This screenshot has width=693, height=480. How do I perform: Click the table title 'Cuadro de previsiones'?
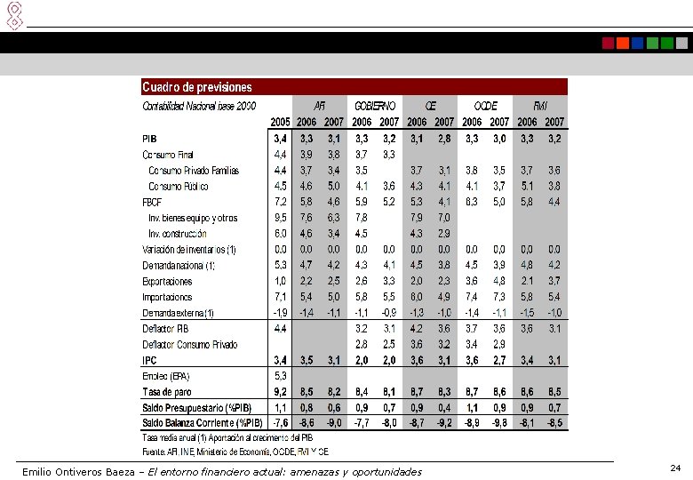[197, 87]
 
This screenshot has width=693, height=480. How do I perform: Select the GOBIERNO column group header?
[375, 105]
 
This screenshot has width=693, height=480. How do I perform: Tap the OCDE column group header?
[485, 105]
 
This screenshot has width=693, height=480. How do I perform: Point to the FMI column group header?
[540, 105]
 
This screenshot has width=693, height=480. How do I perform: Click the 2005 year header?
[280, 121]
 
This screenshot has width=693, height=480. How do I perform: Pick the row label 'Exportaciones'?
[167, 281]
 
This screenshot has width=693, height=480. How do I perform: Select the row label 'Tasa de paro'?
[170, 391]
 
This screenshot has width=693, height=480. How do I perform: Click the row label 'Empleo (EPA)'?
[166, 376]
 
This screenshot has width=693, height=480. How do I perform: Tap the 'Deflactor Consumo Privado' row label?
[190, 344]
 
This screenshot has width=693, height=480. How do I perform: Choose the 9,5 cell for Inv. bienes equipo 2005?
[280, 218]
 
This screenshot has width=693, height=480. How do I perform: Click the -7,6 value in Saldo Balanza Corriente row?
[279, 422]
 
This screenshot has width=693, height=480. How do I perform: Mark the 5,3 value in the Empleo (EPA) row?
[280, 376]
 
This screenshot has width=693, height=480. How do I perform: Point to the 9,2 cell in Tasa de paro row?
[280, 391]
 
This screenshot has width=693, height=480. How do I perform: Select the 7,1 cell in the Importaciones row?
[280, 297]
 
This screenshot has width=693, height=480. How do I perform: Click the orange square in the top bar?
[623, 43]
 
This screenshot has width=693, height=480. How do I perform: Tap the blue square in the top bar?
[638, 43]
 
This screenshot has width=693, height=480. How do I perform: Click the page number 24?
[675, 468]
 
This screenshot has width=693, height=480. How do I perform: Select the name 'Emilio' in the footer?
[38, 471]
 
